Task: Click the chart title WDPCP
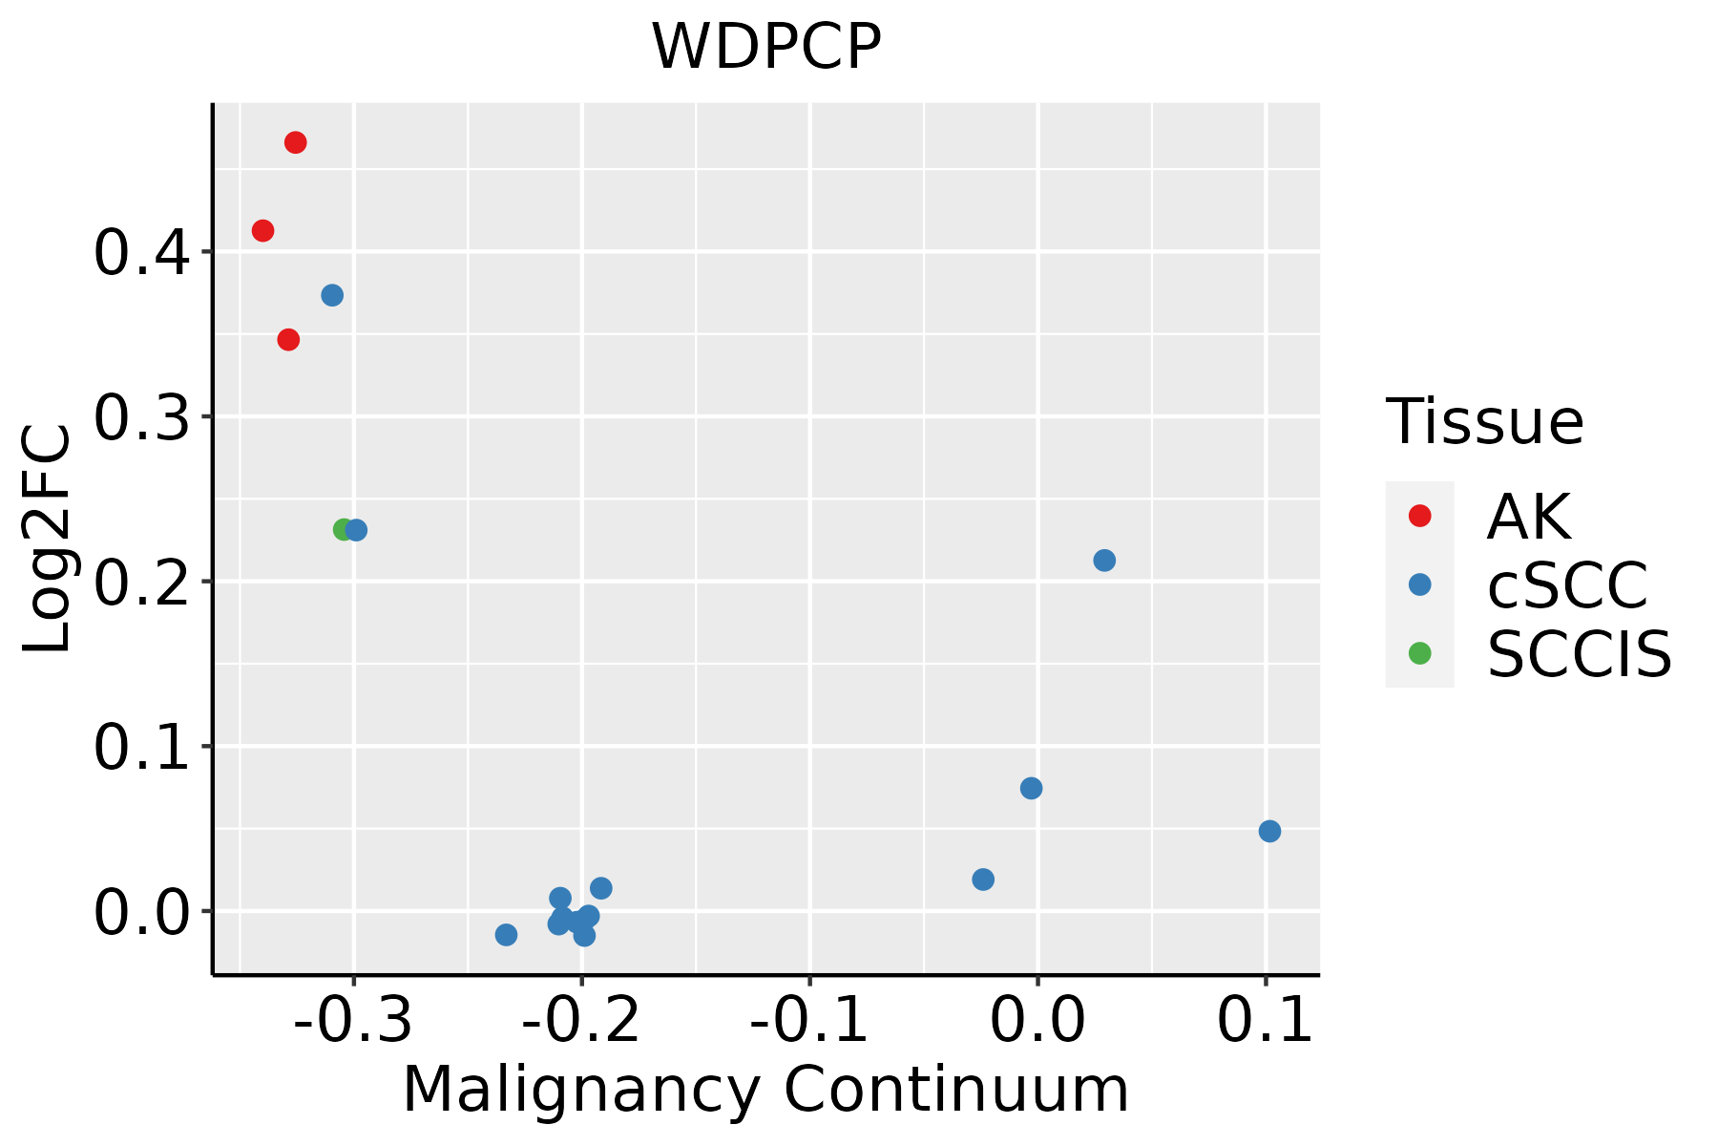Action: [x=765, y=47]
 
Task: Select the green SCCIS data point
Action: [x=343, y=529]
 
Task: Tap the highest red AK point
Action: [x=296, y=142]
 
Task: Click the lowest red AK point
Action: [x=288, y=339]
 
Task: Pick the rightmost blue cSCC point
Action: [x=1269, y=831]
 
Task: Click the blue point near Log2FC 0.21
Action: [x=1104, y=560]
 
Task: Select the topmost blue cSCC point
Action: [x=332, y=295]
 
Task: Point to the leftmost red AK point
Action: [x=262, y=230]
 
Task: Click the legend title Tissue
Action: [x=1484, y=421]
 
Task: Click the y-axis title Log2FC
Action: [x=48, y=539]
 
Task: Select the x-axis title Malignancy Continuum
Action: [x=765, y=1090]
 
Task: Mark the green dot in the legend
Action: [x=1420, y=653]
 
